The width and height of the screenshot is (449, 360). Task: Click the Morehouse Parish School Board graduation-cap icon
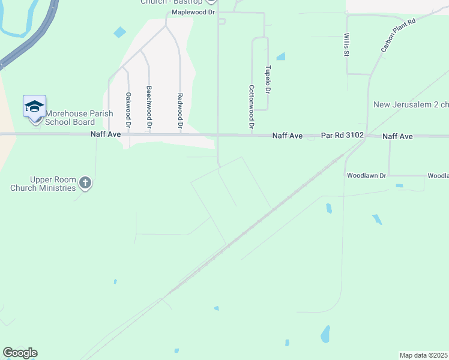pos(34,107)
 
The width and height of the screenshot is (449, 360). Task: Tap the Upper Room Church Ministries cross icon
pos(85,183)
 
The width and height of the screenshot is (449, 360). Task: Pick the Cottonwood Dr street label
pos(251,107)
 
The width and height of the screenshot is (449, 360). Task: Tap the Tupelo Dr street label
pos(268,79)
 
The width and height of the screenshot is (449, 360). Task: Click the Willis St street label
pos(346,44)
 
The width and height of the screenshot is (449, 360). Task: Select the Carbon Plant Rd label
pos(398,35)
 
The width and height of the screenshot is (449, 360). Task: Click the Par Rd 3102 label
pos(342,136)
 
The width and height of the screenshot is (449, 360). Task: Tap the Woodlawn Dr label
pos(366,176)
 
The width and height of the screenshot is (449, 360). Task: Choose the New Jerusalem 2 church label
pos(411,104)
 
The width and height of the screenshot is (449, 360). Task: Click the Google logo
pos(20,353)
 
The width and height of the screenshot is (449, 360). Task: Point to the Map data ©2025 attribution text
pos(424,355)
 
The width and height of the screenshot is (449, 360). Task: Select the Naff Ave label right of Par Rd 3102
pos(397,137)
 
